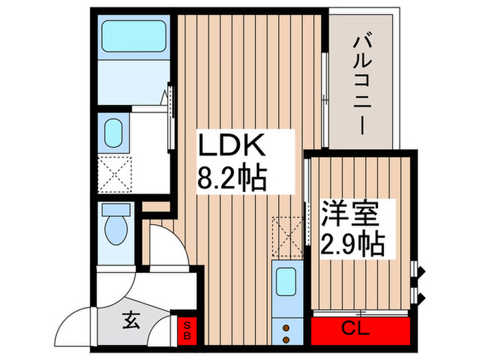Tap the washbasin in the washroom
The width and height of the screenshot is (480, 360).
pos(113,131)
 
